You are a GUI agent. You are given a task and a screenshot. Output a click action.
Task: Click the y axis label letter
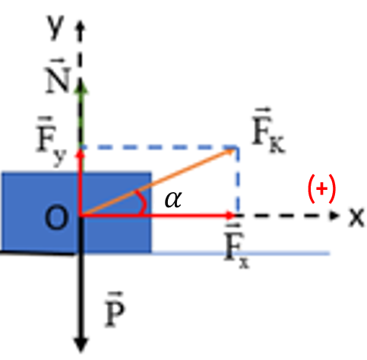click(x=55, y=27)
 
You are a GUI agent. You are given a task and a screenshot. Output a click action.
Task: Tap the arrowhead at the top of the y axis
click(x=81, y=26)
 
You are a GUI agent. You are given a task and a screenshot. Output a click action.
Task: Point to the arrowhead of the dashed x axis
click(x=334, y=216)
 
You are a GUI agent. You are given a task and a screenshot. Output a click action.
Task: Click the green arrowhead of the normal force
click(x=81, y=87)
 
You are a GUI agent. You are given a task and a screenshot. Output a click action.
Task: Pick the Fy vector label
click(x=52, y=141)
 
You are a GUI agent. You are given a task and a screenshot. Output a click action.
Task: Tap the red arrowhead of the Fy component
click(x=81, y=153)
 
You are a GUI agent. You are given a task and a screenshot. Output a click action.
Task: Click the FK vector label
click(x=269, y=131)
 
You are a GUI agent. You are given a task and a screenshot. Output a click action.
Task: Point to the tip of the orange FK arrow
click(x=235, y=150)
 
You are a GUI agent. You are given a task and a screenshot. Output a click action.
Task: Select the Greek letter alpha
click(x=173, y=199)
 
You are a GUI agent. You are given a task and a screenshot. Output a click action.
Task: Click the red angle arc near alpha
click(x=144, y=204)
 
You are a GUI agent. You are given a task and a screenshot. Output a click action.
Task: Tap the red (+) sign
click(x=321, y=188)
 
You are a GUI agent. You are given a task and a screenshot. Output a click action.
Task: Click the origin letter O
click(x=56, y=217)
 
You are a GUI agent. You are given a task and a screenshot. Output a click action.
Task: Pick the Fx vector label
click(x=237, y=246)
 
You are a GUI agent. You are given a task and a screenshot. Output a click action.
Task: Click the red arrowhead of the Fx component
click(x=231, y=216)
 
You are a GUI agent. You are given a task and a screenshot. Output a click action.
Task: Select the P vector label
click(x=115, y=309)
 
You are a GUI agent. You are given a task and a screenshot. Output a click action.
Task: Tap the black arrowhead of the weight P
click(x=81, y=345)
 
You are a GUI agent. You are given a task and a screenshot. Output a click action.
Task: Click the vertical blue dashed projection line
click(x=237, y=180)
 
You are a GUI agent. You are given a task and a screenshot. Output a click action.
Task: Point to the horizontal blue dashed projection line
click(x=159, y=147)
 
